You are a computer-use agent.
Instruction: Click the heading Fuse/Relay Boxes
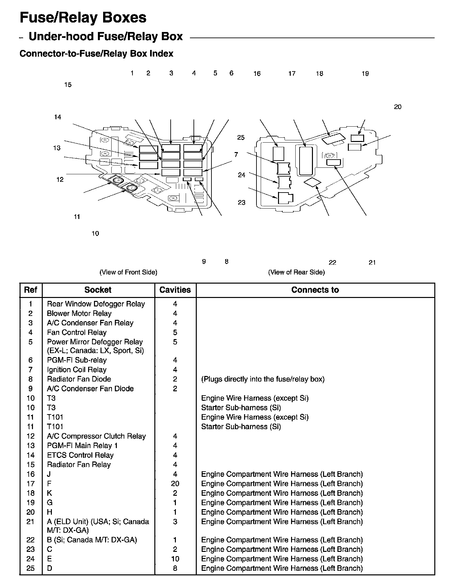click(x=83, y=18)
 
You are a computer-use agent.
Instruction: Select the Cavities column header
click(x=175, y=290)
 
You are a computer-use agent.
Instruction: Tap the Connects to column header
click(x=315, y=290)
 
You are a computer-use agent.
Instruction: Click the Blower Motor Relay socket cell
click(x=79, y=313)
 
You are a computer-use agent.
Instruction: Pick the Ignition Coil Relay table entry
click(x=77, y=369)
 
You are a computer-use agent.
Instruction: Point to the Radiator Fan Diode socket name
click(x=79, y=379)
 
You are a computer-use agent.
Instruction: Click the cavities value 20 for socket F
click(x=175, y=483)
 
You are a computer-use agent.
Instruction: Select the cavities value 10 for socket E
click(x=175, y=559)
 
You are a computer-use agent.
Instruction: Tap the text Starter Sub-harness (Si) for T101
click(x=241, y=427)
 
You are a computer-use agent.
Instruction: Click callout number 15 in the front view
click(x=68, y=85)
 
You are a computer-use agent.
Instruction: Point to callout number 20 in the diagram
click(x=397, y=107)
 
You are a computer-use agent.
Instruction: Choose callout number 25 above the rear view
click(x=241, y=138)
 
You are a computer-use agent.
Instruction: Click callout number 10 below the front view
click(x=95, y=233)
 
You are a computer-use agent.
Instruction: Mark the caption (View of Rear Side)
click(x=296, y=272)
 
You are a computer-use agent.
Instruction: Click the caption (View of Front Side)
click(x=128, y=272)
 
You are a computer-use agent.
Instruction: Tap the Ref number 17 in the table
click(x=30, y=483)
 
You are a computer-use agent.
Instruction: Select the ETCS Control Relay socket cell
click(x=80, y=455)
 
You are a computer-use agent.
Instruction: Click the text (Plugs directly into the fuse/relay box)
click(x=263, y=379)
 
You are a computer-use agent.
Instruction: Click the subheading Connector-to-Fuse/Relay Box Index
click(x=96, y=54)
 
